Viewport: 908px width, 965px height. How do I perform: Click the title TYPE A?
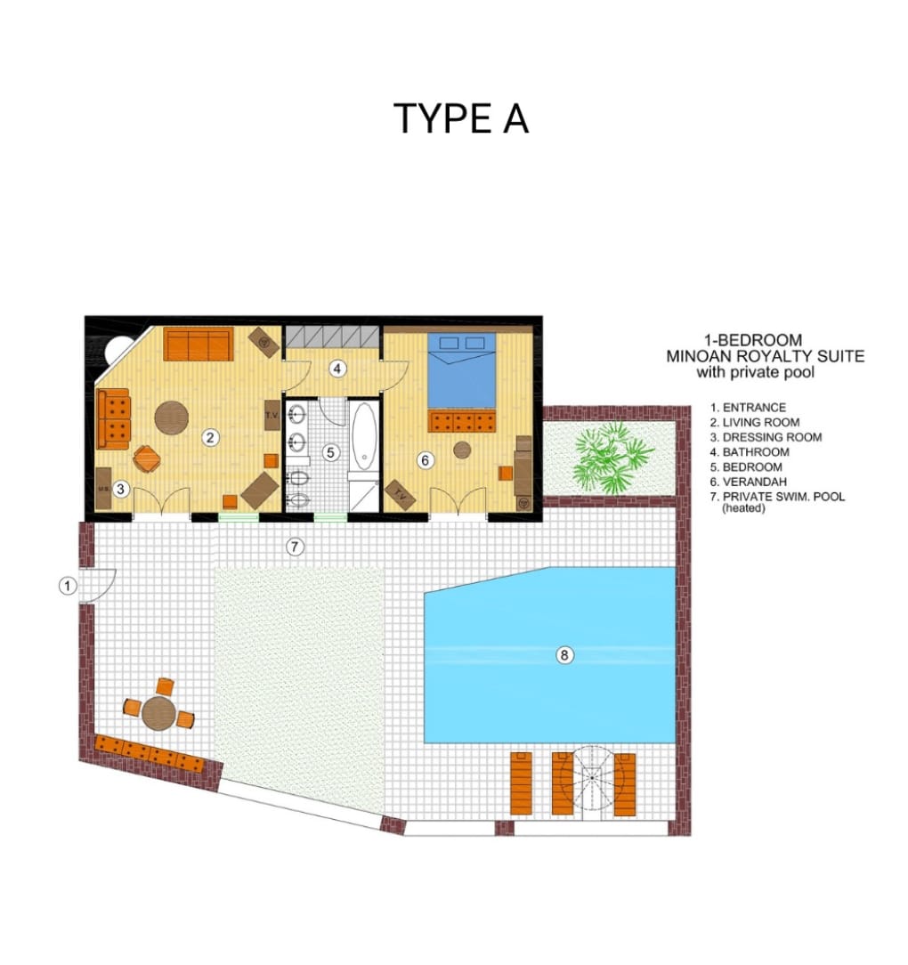(x=461, y=118)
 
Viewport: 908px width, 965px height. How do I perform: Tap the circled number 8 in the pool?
(x=563, y=655)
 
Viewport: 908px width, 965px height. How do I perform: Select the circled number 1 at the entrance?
(x=68, y=585)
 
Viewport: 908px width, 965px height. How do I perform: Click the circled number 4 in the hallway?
(x=336, y=369)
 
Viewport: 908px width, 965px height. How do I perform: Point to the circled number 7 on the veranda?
(x=295, y=546)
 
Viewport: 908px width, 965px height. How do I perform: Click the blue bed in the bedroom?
(x=462, y=370)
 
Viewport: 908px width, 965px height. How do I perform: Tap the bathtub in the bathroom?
(x=363, y=436)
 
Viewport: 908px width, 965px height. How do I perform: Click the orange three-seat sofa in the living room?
(x=199, y=345)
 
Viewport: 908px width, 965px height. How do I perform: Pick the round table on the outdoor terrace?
(x=158, y=713)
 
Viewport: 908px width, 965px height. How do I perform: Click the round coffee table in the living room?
(x=171, y=418)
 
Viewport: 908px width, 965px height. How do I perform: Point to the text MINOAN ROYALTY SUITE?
(x=766, y=356)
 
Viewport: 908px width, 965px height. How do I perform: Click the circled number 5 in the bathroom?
(x=330, y=452)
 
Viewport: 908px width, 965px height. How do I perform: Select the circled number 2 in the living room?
(x=211, y=438)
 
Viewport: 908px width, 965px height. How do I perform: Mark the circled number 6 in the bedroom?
(x=425, y=459)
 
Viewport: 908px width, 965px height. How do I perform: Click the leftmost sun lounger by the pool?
(x=521, y=783)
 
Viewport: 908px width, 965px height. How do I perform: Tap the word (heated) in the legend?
(x=743, y=508)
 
